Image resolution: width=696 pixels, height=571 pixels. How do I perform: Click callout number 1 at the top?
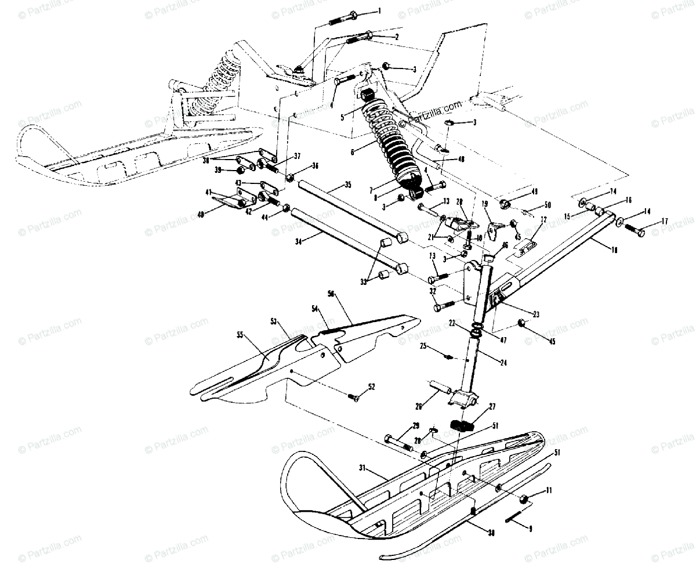(379, 11)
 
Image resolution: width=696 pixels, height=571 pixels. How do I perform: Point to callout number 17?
(665, 221)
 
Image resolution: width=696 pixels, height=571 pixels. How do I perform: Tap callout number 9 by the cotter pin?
(528, 529)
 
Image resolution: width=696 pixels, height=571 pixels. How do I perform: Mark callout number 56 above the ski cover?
(332, 294)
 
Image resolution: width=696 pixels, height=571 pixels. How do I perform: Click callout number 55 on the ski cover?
(240, 334)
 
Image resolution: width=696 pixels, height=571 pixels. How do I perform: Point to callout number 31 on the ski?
(363, 468)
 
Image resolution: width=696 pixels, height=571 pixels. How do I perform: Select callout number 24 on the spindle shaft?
(503, 362)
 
